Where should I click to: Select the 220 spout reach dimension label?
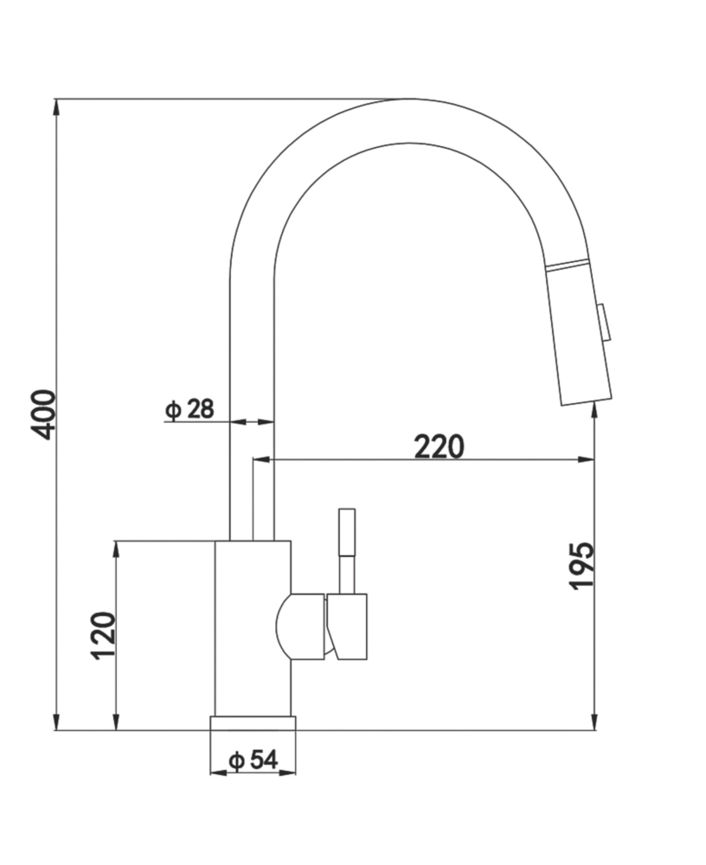(439, 446)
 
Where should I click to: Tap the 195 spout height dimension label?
(581, 567)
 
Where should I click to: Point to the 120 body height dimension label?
(104, 636)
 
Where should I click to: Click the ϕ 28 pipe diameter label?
(189, 409)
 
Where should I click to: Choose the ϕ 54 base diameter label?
(253, 760)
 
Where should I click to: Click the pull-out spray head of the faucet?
(578, 337)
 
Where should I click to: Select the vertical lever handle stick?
(347, 549)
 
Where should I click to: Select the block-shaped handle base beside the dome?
(349, 626)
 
